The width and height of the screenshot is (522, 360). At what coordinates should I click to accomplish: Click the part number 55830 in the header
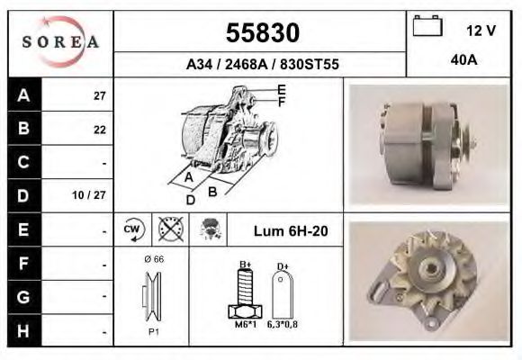click(x=262, y=33)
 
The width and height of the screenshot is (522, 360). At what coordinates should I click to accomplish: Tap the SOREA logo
click(x=60, y=42)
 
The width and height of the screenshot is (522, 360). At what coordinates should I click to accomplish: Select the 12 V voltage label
click(x=481, y=30)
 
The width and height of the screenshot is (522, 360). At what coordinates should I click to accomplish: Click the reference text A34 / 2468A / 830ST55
click(x=262, y=65)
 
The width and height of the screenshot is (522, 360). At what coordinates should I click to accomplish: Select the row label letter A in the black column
click(x=23, y=94)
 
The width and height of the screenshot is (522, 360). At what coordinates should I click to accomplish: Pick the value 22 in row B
click(x=99, y=130)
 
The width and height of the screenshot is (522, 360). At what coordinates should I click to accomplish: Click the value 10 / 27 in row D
click(x=94, y=195)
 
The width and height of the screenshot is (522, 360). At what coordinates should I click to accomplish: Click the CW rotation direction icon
click(x=130, y=230)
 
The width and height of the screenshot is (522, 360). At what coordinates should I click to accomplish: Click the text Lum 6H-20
click(x=291, y=231)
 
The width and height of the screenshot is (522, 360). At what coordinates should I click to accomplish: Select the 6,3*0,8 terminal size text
click(x=282, y=324)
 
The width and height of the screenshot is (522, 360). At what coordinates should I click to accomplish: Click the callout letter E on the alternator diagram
click(x=282, y=89)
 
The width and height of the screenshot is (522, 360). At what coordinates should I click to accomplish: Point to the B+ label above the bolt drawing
click(x=244, y=265)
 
